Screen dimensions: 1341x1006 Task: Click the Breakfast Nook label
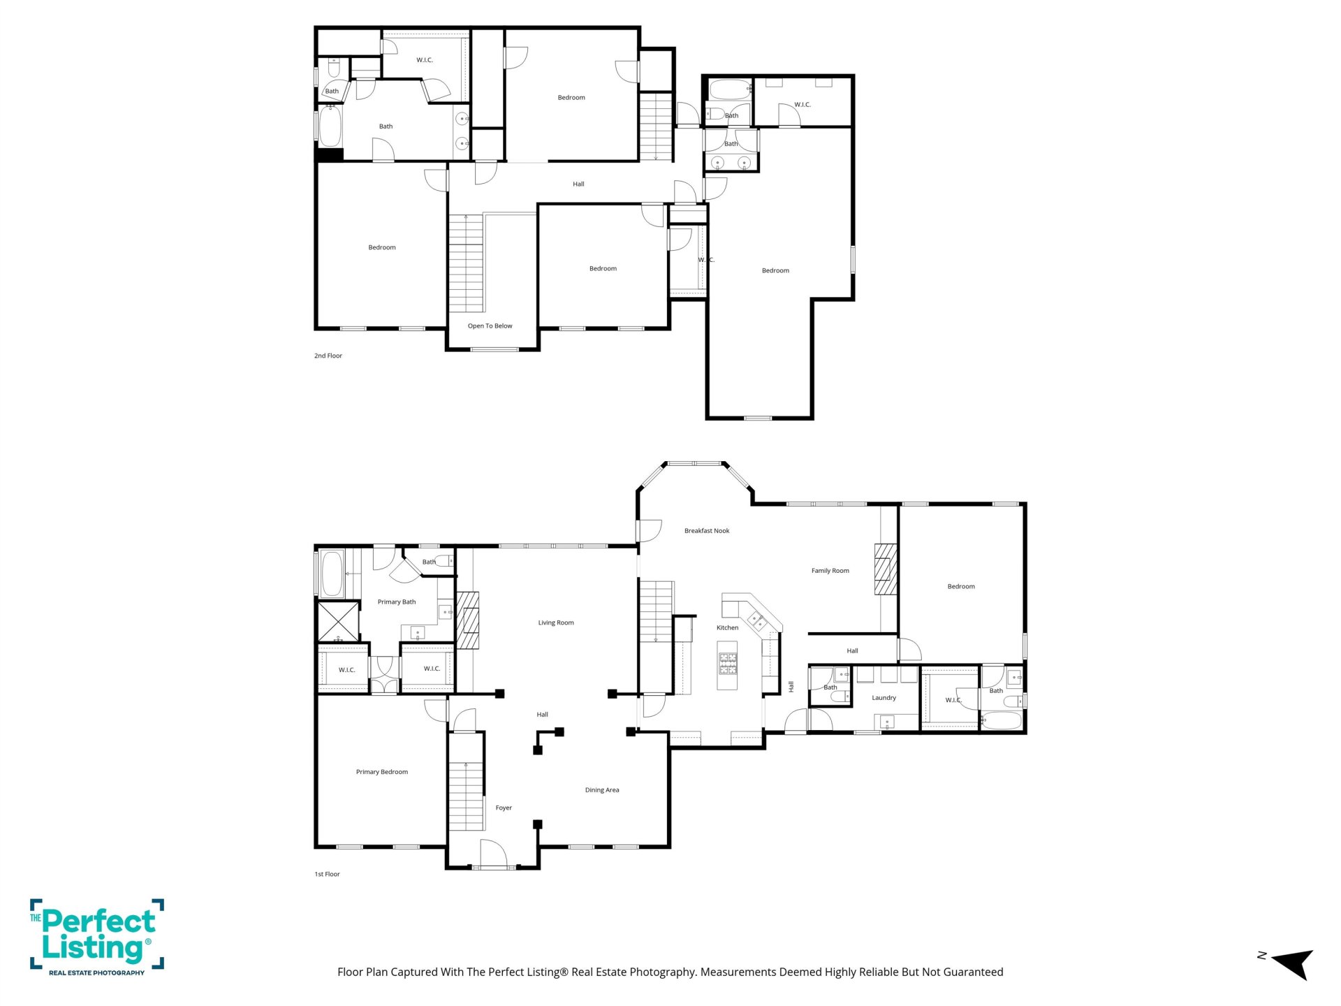point(707,531)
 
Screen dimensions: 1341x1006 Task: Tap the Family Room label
point(830,571)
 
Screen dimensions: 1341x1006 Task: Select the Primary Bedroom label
point(382,772)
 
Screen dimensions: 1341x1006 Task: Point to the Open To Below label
point(490,326)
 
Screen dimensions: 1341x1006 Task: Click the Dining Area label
point(602,790)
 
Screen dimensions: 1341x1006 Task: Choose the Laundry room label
point(884,698)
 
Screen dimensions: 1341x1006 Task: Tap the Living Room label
point(556,622)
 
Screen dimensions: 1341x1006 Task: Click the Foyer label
point(504,808)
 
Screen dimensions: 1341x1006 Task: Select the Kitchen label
point(727,628)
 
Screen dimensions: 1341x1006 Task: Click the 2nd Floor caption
point(328,356)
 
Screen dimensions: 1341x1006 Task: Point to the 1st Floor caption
point(327,874)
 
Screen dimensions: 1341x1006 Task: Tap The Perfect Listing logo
point(97,937)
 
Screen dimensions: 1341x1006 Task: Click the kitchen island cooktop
point(728,663)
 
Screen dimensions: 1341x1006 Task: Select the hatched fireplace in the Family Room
point(886,569)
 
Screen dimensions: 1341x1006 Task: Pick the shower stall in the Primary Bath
point(339,621)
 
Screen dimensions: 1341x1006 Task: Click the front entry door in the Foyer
point(493,853)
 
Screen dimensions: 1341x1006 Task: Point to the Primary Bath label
point(397,602)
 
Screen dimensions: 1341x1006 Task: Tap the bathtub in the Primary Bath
point(332,574)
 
